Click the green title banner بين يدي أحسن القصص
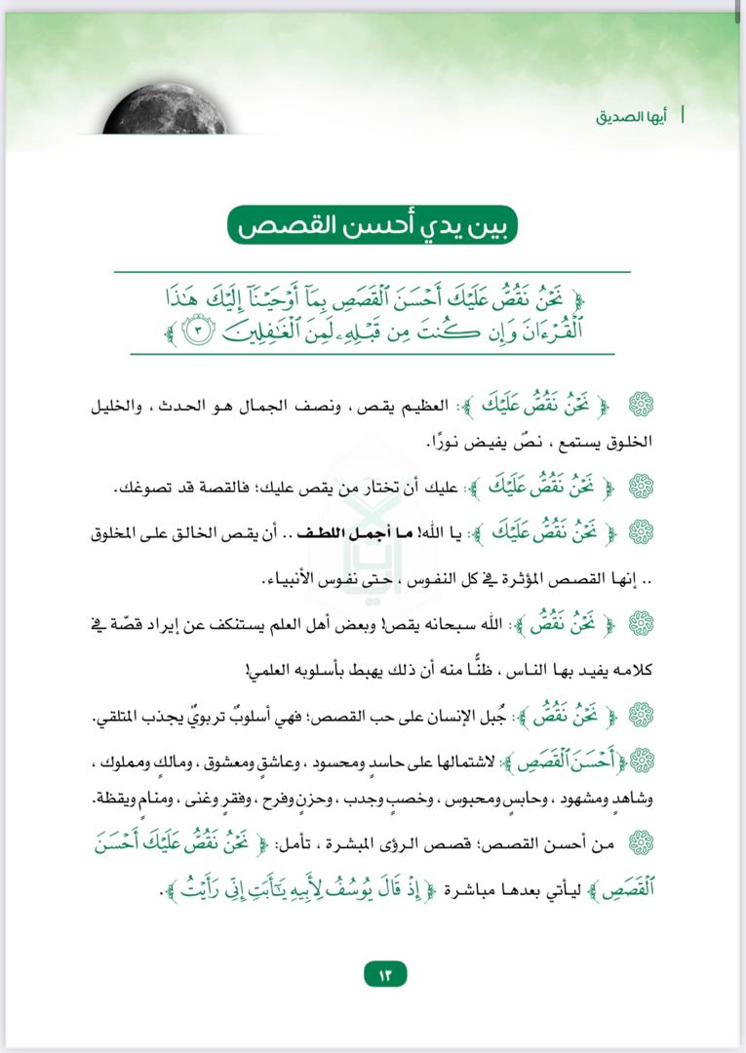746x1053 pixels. click(x=372, y=227)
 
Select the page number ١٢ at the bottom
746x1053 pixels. click(x=384, y=974)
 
